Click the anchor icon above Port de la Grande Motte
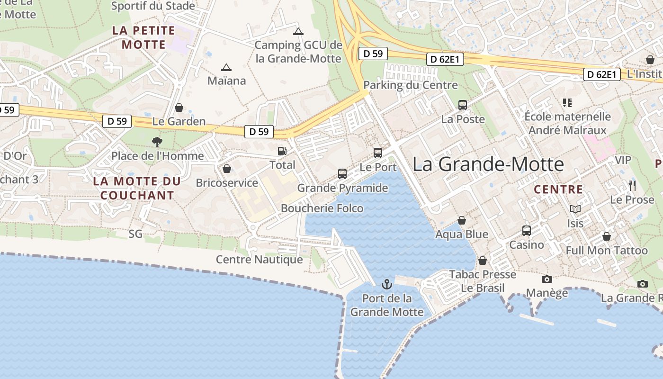click(387, 284)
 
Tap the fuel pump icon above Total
click(282, 151)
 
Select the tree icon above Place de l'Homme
click(157, 141)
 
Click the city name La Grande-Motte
click(488, 164)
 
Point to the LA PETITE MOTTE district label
click(144, 37)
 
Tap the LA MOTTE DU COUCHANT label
click(137, 188)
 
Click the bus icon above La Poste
click(463, 105)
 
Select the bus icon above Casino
click(526, 231)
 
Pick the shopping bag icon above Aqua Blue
click(461, 220)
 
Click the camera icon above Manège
click(547, 279)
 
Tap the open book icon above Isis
click(575, 209)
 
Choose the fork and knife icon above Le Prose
click(632, 185)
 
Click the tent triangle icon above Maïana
click(226, 67)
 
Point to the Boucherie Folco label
click(322, 208)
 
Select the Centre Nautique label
click(259, 260)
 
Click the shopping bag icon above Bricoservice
click(227, 169)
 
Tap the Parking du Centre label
click(411, 85)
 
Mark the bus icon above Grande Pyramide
click(342, 174)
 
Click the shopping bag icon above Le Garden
click(179, 108)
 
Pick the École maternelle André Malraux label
click(567, 123)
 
